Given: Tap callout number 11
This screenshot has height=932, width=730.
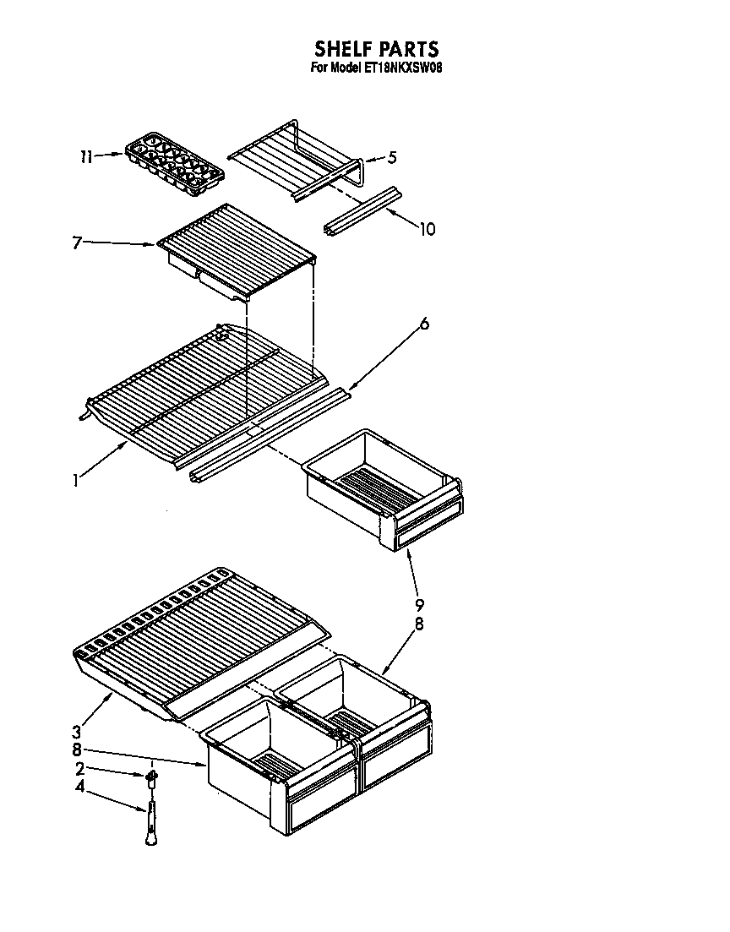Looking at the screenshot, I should pyautogui.click(x=85, y=156).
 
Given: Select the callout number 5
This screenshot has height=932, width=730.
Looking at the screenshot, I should pyautogui.click(x=392, y=156).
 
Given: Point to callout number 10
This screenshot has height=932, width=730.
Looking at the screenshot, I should pyautogui.click(x=428, y=229).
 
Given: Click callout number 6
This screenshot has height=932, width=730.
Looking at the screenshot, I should pyautogui.click(x=423, y=324).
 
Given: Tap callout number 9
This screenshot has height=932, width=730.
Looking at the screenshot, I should pyautogui.click(x=419, y=604).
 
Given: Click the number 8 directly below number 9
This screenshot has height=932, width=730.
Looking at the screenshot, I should pyautogui.click(x=419, y=625).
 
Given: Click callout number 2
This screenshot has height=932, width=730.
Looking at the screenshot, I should pyautogui.click(x=79, y=769).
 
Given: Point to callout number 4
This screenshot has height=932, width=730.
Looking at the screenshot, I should pyautogui.click(x=79, y=788).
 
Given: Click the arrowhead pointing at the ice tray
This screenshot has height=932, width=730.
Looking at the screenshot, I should pyautogui.click(x=120, y=155).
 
